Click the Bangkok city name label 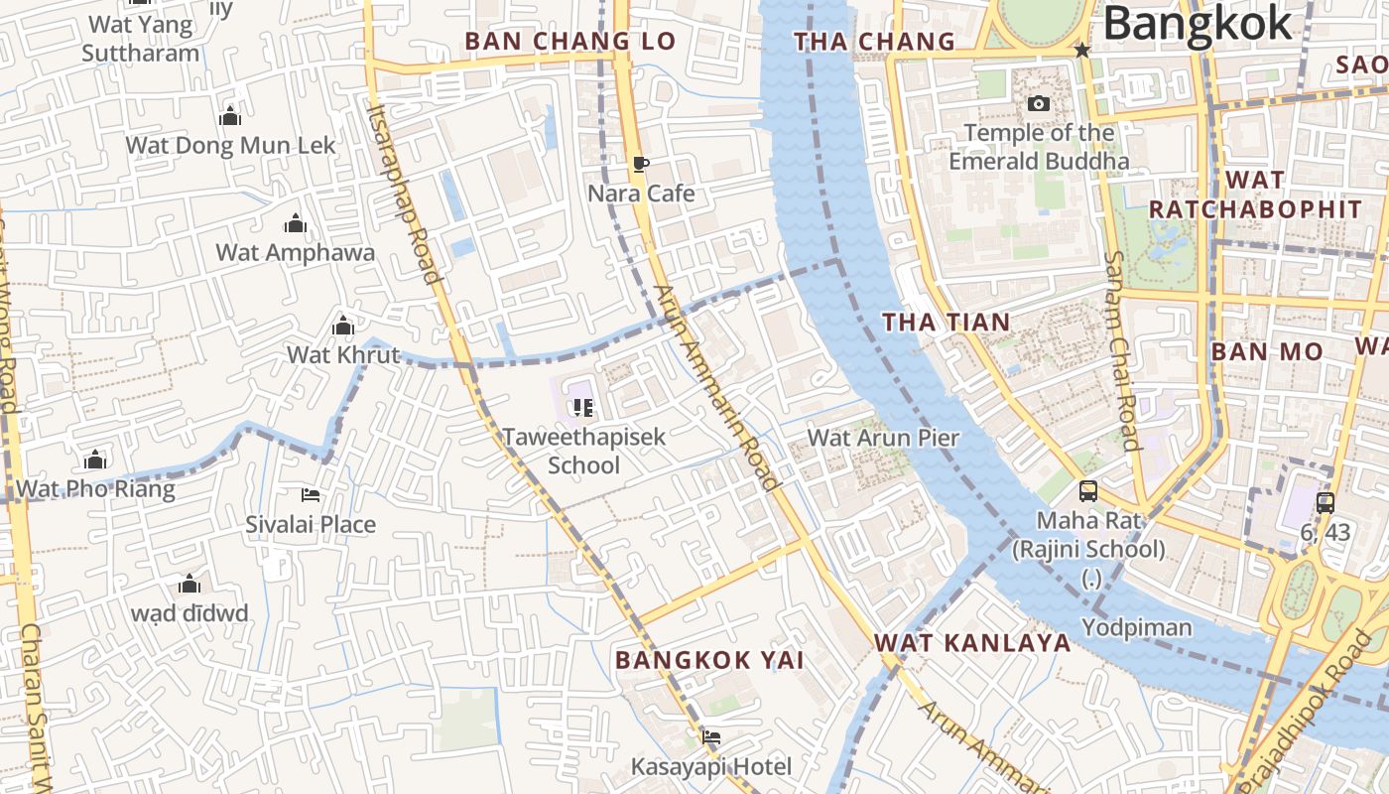pyautogui.click(x=1198, y=24)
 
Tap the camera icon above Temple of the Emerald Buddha pyautogui.click(x=1039, y=103)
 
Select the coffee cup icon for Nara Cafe pyautogui.click(x=641, y=164)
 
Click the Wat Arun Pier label pyautogui.click(x=883, y=438)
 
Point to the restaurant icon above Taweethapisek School pyautogui.click(x=582, y=407)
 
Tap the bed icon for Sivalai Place pyautogui.click(x=311, y=495)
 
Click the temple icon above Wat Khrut pyautogui.click(x=343, y=326)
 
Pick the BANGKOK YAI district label pyautogui.click(x=708, y=660)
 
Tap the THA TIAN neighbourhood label pyautogui.click(x=946, y=322)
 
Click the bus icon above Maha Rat pyautogui.click(x=1088, y=491)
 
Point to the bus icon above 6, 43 pyautogui.click(x=1326, y=503)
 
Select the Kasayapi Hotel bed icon pyautogui.click(x=711, y=736)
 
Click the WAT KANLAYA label pyautogui.click(x=972, y=642)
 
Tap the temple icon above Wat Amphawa pyautogui.click(x=295, y=223)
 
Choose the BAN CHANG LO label pyautogui.click(x=569, y=42)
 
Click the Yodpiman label pyautogui.click(x=1136, y=627)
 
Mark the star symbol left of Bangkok pyautogui.click(x=1082, y=50)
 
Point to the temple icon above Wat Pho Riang pyautogui.click(x=95, y=460)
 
